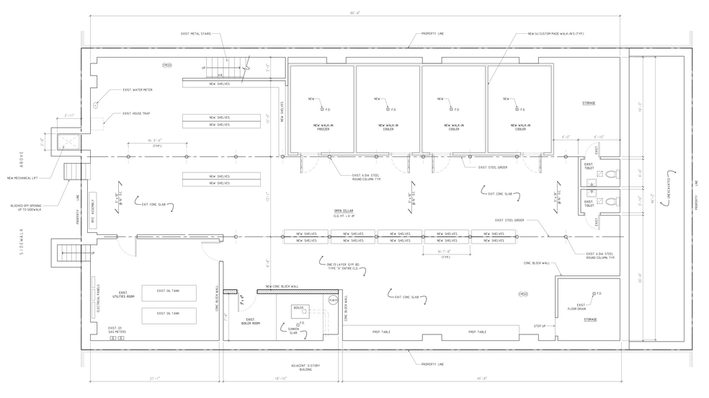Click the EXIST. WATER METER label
pos(138,90)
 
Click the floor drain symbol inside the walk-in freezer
pos(322,109)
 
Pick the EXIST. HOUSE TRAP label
pos(136,113)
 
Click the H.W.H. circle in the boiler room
pos(332,298)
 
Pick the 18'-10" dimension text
pos(281,377)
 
